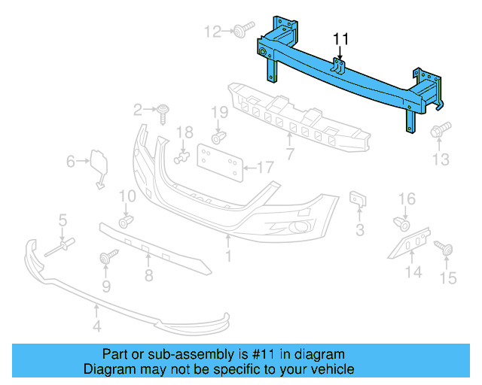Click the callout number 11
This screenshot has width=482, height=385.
pos(341,38)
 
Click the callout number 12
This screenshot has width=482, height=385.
pos(213,31)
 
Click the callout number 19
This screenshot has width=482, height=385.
pos(218,113)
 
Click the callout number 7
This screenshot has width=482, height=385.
pos(289,154)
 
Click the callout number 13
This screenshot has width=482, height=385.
pos(440,159)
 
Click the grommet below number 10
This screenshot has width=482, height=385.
pos(126,220)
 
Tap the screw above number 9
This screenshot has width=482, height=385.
pos(105,258)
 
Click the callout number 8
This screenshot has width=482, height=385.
pos(148,275)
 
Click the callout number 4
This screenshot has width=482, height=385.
pos(96,326)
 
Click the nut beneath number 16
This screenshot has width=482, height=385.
pos(402,223)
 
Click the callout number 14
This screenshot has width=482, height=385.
pos(413,271)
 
